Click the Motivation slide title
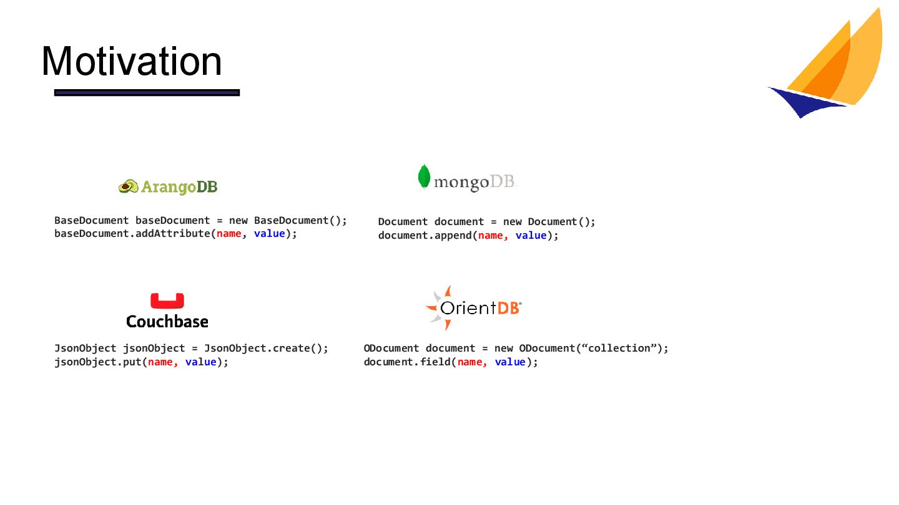pos(132,61)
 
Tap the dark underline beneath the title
pos(147,93)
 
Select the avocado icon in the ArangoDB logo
pos(129,186)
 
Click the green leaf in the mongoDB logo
pos(425,176)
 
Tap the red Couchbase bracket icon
pos(167,301)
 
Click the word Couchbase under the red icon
pos(167,322)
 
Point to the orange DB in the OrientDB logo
pos(508,307)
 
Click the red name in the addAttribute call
pos(228,234)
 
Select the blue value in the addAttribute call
pos(269,234)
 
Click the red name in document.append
pos(490,236)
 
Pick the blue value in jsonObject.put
pos(200,362)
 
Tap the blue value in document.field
pos(510,362)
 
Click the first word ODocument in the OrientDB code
pos(391,349)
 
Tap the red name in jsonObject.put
pos(160,362)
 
